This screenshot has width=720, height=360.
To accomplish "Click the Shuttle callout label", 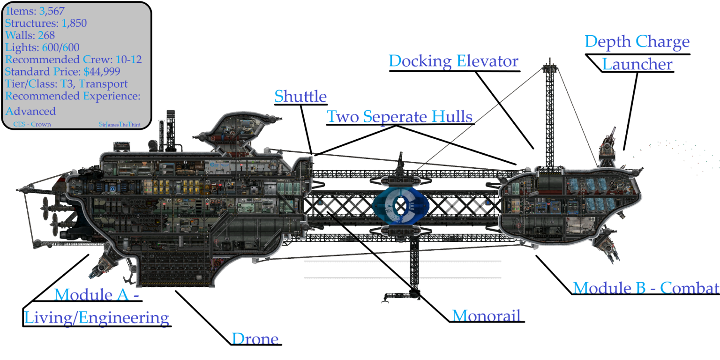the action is click(x=300, y=96).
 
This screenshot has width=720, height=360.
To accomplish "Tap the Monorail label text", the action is click(x=486, y=315).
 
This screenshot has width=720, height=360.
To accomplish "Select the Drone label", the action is click(x=255, y=338).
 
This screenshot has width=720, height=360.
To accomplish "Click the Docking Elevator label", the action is click(x=454, y=61).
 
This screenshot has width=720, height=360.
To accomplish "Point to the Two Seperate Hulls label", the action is click(x=399, y=116).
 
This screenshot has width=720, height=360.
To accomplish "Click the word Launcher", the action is click(x=637, y=64).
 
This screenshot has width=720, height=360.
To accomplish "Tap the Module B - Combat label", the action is click(x=646, y=288).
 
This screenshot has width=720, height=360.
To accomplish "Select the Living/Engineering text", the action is click(x=97, y=317).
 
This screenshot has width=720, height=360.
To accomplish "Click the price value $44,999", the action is click(x=102, y=71).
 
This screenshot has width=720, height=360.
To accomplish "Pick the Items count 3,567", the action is click(x=52, y=11).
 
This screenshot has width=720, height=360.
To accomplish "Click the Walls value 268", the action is click(x=46, y=35).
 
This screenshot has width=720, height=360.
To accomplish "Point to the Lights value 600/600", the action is click(x=61, y=47).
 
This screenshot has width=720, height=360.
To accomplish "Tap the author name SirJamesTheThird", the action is click(x=120, y=124).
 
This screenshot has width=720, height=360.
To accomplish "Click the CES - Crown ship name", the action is click(x=32, y=124).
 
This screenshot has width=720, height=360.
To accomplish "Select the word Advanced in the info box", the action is click(x=31, y=111).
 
